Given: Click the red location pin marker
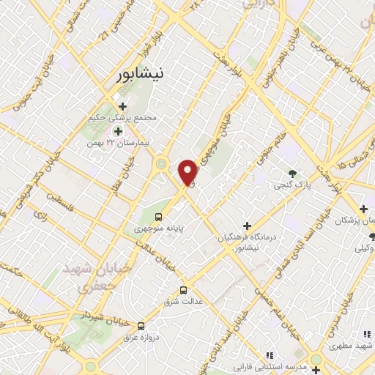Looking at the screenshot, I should point(189,171).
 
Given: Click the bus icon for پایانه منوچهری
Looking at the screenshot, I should point(158,217).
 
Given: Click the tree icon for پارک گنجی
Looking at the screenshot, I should point(293,174).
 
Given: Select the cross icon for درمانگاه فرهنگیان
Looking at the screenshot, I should point(247,225).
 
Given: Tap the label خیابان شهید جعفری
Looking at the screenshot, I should point(108,278).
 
